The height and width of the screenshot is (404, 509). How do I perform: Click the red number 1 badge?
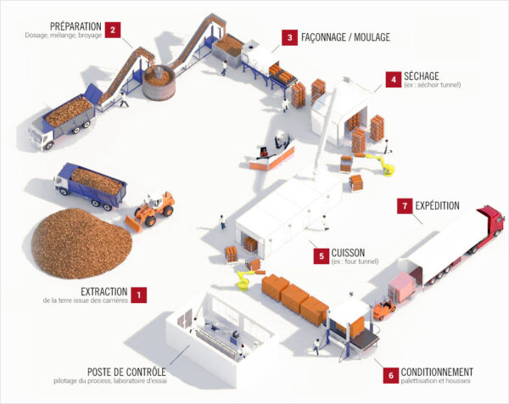click(140, 295)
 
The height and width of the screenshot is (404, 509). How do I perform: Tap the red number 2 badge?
click(114, 29)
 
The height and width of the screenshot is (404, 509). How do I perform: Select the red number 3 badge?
click(290, 37)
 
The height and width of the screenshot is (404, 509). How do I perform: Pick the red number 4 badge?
click(393, 79)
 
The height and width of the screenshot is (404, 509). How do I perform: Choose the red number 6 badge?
click(391, 374)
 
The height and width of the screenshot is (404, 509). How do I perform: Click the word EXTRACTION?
click(103, 291)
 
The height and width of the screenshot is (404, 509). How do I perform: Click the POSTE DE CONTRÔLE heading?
click(126, 372)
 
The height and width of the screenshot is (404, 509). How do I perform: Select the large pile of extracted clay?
click(81, 245)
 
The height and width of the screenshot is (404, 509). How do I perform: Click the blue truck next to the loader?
click(90, 184)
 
